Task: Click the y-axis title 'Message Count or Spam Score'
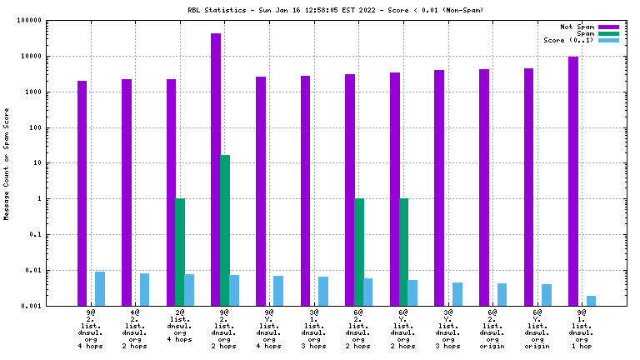pos(7,163)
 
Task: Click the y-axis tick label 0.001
pos(32,306)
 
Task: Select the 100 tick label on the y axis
pos(35,127)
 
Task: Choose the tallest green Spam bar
pos(225,230)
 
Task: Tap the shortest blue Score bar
pos(591,301)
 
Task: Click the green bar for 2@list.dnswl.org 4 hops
pos(180,252)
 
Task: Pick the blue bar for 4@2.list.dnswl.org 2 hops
pos(144,289)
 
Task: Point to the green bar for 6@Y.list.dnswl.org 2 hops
pos(404,252)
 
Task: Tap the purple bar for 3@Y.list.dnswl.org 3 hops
pos(439,187)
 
